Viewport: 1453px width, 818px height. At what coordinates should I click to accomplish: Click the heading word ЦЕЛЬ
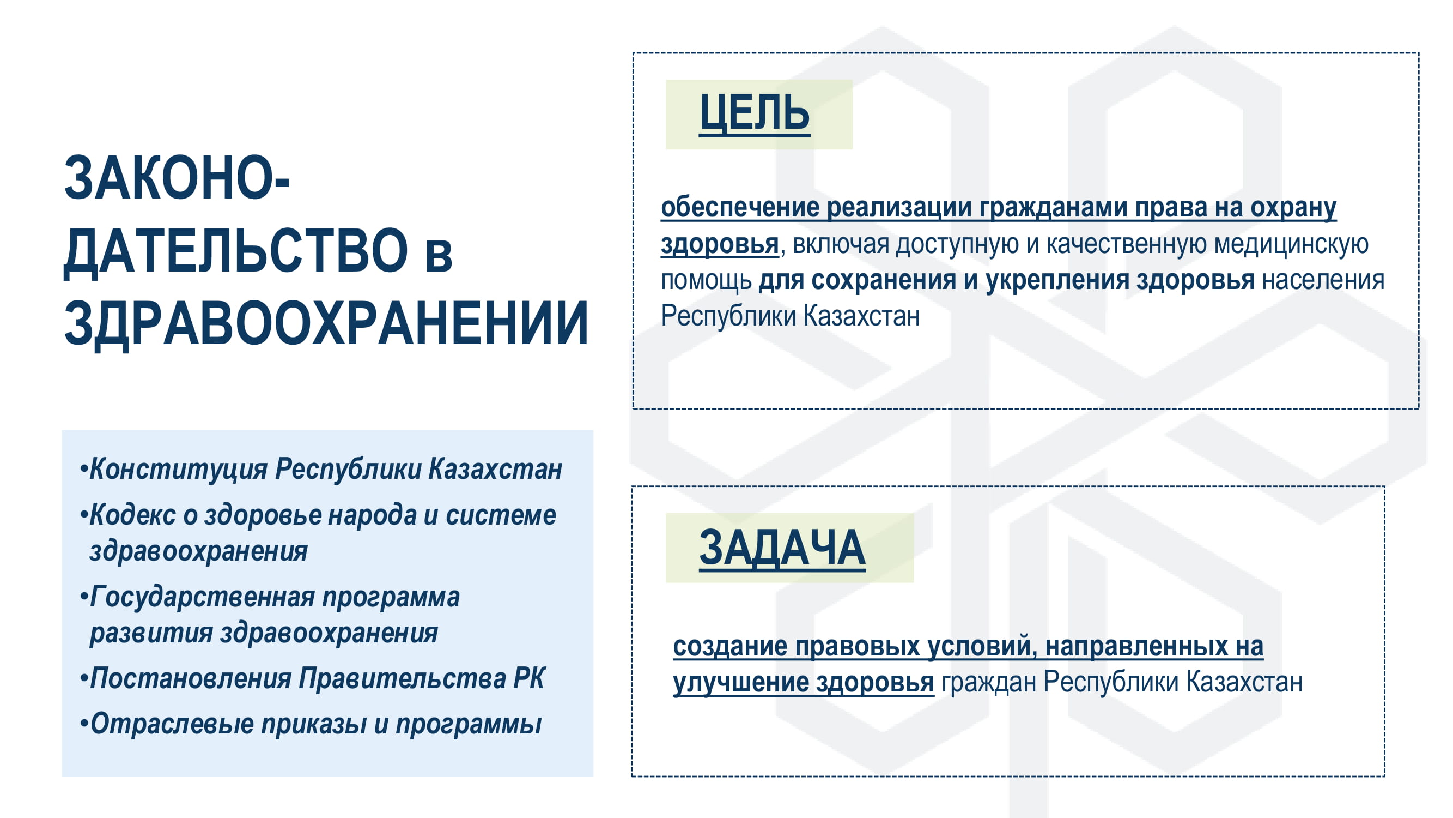click(754, 113)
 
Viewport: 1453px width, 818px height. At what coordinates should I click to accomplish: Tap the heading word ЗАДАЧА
click(782, 548)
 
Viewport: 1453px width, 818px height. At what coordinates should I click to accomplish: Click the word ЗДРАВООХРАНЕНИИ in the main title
click(326, 323)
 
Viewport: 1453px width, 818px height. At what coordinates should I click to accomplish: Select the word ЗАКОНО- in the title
click(177, 178)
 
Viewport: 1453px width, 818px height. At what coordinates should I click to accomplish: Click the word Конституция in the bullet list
click(178, 469)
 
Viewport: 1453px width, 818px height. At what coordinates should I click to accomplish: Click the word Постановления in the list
click(191, 678)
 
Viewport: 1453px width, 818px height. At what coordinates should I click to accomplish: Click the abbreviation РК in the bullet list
click(529, 678)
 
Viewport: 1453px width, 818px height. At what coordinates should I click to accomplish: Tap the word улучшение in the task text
click(740, 683)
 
